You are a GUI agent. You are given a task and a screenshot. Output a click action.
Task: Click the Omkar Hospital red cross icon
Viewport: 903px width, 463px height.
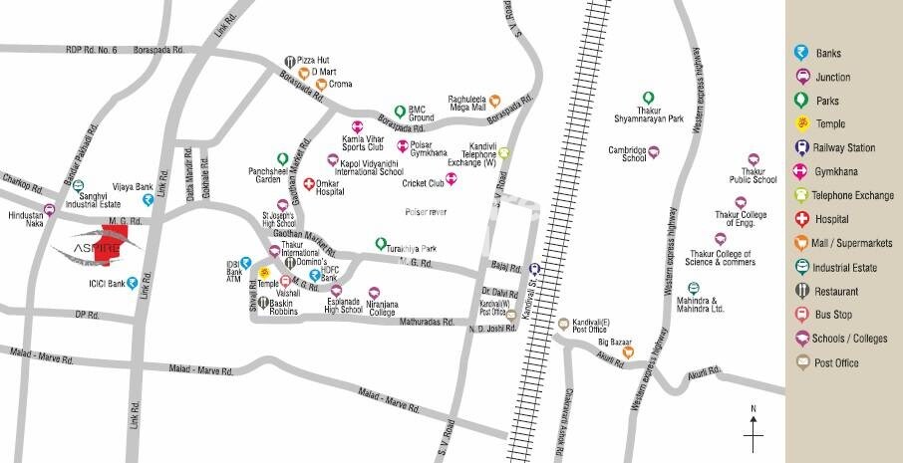click(309, 185)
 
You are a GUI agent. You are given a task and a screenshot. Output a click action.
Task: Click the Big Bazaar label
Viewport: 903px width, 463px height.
click(616, 342)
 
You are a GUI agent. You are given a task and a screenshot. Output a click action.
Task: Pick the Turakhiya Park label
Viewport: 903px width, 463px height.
click(414, 248)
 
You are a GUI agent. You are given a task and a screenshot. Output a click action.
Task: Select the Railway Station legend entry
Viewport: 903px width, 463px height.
click(846, 147)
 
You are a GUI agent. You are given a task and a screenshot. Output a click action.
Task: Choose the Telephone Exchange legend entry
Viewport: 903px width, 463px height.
click(855, 195)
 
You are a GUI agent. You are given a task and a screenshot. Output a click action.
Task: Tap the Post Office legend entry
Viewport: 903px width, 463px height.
click(836, 362)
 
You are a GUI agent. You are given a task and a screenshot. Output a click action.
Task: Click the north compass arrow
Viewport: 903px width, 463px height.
click(753, 428)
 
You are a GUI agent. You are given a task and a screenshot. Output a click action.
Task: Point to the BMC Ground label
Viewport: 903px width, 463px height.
click(422, 113)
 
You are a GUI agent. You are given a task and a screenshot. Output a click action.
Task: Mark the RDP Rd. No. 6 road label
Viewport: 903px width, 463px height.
click(92, 49)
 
